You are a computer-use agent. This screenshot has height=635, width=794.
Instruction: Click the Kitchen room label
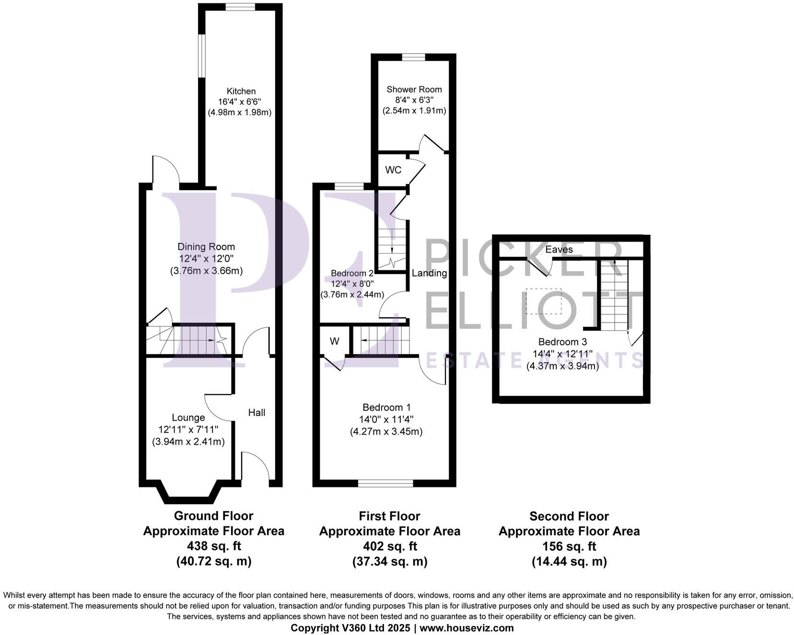(x=241, y=91)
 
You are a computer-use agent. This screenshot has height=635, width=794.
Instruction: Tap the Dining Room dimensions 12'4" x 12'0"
(x=206, y=259)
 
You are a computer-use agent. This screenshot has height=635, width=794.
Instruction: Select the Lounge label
(x=188, y=417)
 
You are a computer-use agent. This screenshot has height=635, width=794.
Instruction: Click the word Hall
(x=257, y=413)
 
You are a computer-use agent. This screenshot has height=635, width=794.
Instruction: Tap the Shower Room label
(x=414, y=89)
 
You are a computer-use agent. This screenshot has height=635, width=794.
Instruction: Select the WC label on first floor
(x=393, y=170)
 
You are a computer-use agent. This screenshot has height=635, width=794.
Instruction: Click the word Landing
(x=429, y=273)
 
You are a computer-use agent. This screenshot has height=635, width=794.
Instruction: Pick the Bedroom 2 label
(x=352, y=273)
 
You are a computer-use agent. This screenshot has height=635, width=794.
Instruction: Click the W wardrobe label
(x=334, y=341)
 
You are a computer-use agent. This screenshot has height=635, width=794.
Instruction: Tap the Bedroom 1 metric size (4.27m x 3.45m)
(x=386, y=431)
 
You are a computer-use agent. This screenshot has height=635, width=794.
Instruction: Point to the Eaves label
(x=559, y=250)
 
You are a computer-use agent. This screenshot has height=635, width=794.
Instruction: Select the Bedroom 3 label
(x=562, y=342)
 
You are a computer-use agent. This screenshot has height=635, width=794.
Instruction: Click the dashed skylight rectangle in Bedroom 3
(x=544, y=301)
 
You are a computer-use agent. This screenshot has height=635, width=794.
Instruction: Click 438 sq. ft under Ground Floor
(x=213, y=546)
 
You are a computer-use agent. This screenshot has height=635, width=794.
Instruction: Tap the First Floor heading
(x=389, y=516)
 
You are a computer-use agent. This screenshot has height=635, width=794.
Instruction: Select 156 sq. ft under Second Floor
(x=569, y=546)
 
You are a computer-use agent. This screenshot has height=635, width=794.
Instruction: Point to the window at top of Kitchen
(x=241, y=7)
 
